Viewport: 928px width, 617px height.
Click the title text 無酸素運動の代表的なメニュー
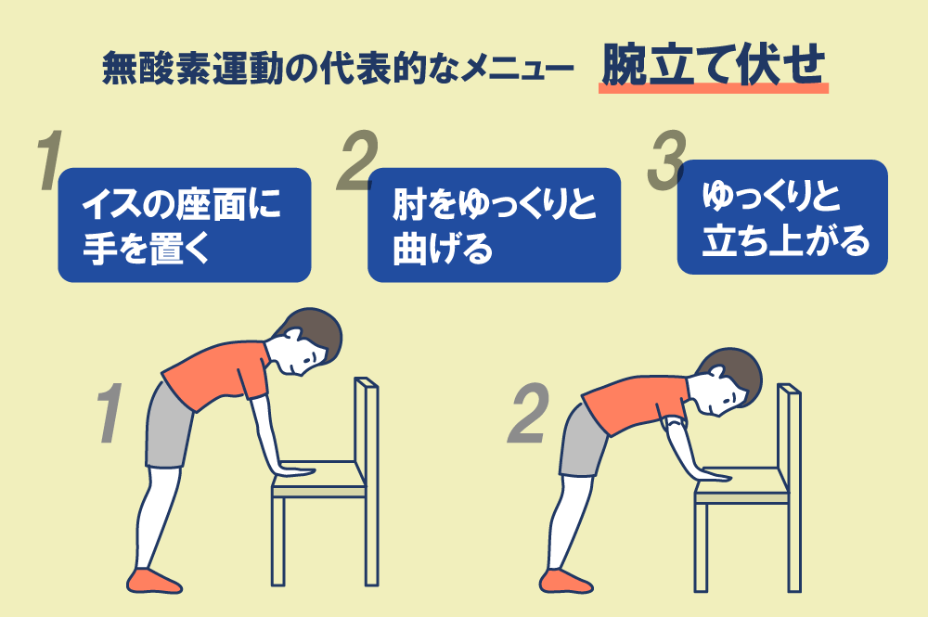coord(338,68)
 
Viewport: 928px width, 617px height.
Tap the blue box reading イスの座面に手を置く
coord(184,225)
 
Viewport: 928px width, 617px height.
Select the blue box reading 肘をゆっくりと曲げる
coord(495,225)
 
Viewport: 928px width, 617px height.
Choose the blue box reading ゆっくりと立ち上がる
coord(782,217)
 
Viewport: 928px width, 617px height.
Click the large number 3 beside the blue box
coord(666,161)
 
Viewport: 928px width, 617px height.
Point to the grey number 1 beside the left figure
coord(110,413)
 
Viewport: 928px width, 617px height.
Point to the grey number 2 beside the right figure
coord(528,413)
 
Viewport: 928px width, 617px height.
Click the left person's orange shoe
coord(154,580)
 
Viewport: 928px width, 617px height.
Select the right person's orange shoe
coord(566,581)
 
